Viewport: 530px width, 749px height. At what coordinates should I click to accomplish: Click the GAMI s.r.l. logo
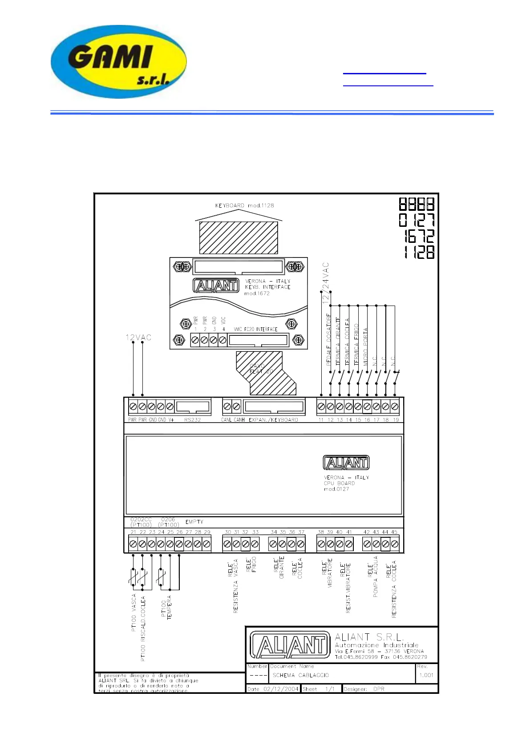pos(118,61)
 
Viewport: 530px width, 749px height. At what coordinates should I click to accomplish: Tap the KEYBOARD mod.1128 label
pos(244,205)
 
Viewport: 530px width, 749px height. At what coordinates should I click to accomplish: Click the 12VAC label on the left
pos(138,338)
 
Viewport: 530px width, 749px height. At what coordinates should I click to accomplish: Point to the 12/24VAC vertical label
pos(326,283)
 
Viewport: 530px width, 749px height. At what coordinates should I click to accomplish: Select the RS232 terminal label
pos(192,420)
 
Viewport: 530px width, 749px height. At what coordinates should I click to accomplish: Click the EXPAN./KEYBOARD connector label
pos(273,420)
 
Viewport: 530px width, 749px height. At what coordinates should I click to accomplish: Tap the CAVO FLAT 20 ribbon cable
pos(262,369)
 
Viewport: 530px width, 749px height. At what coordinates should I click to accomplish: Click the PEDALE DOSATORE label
pos(329,339)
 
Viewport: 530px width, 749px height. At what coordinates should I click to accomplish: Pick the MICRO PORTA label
pos(365,347)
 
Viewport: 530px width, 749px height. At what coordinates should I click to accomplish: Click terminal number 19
pos(396,420)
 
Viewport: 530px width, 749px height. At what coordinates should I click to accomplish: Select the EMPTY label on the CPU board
pos(194,522)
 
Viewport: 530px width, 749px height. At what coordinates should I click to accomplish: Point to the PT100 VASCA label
pos(134,612)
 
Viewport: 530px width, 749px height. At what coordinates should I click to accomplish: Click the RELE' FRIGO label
pos(251,564)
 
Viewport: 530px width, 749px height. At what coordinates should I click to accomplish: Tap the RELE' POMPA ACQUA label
pos(373,576)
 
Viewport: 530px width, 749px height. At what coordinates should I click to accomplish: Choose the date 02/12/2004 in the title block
pos(280,689)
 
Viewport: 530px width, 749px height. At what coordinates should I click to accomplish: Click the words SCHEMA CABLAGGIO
pos(300,675)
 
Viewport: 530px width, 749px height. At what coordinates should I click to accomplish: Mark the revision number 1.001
pos(426,675)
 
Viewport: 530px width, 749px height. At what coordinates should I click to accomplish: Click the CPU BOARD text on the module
pos(339,483)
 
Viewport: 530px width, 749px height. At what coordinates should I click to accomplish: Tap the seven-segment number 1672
pos(419,236)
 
